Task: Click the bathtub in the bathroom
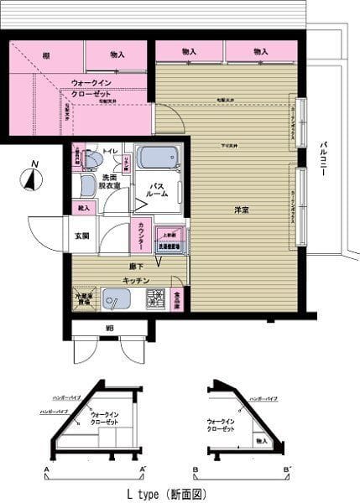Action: [x=159, y=157]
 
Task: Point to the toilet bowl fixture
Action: [x=93, y=159]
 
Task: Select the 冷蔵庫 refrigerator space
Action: [x=82, y=298]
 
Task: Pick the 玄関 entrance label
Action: [x=82, y=236]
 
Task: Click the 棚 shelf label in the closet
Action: [x=45, y=55]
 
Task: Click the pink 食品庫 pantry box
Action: [x=177, y=299]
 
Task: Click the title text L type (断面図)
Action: [x=166, y=495]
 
